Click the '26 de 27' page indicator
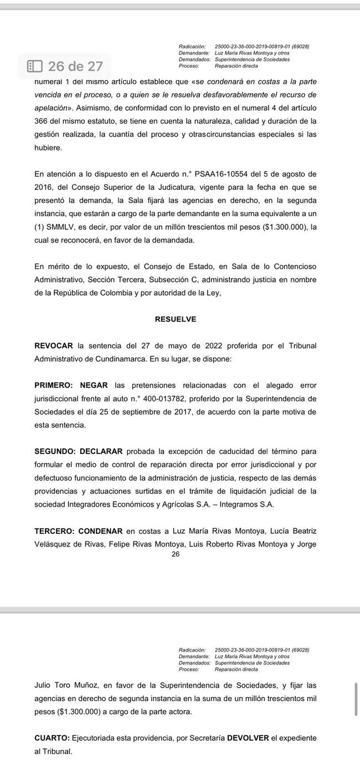pos(75,66)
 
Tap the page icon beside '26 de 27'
pos(35,66)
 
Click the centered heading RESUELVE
pos(176,320)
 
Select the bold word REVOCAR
pos(54,346)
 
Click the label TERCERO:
pos(54,530)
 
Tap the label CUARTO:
pos(52,738)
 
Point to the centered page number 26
pos(176,554)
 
